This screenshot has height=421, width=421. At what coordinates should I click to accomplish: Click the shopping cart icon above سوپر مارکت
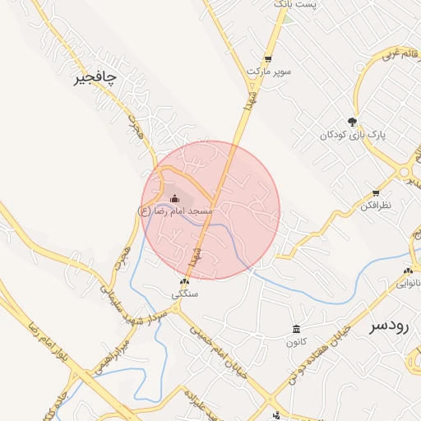268,58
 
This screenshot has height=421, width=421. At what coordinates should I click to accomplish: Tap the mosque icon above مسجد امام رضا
174,198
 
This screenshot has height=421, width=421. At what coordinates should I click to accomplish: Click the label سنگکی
184,294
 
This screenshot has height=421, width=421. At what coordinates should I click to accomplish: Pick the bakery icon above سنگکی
183,281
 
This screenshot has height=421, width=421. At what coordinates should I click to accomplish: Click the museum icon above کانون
296,330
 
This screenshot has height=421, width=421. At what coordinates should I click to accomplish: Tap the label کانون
297,342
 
